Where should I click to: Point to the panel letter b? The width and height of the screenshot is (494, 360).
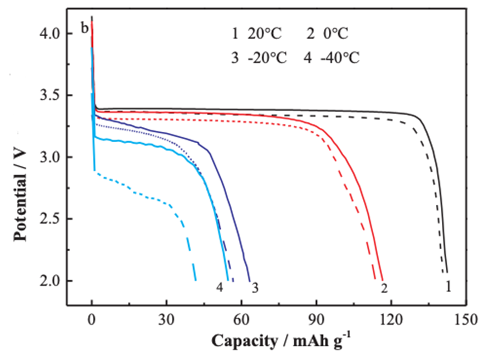[85, 28]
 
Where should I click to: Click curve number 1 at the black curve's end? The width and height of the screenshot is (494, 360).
[448, 286]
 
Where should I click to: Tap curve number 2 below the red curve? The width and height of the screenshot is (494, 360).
[384, 288]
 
